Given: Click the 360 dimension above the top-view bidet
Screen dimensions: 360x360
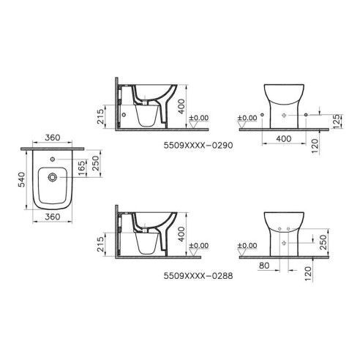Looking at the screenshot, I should point(51,138).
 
